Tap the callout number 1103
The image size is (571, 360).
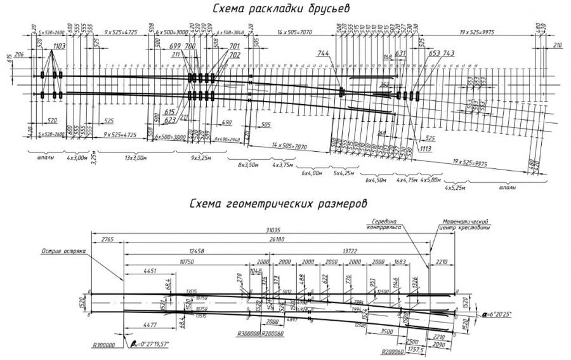(60, 46)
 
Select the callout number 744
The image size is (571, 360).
(324, 55)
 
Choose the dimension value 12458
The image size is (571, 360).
(196, 251)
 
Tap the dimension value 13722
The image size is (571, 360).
(348, 251)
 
